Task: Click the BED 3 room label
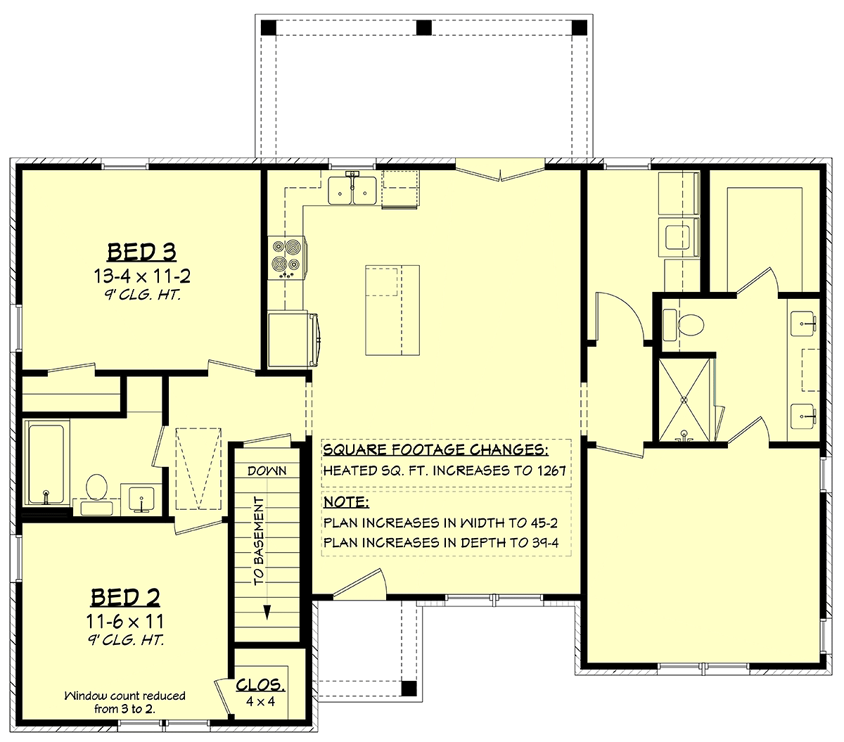click(x=141, y=252)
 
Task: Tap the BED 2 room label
click(x=125, y=597)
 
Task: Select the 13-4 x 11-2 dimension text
click(x=142, y=276)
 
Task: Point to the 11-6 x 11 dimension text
click(x=125, y=622)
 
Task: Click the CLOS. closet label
click(x=260, y=685)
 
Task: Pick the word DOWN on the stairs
click(x=267, y=471)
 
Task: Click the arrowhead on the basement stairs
click(x=267, y=612)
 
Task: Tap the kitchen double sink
click(x=352, y=191)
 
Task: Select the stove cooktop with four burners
click(x=286, y=257)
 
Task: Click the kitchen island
click(x=392, y=310)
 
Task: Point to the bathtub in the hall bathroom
click(x=46, y=463)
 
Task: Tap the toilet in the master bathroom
click(x=683, y=324)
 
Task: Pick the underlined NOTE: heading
click(x=346, y=502)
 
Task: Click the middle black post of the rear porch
click(x=424, y=28)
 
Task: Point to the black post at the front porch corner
click(x=409, y=689)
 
